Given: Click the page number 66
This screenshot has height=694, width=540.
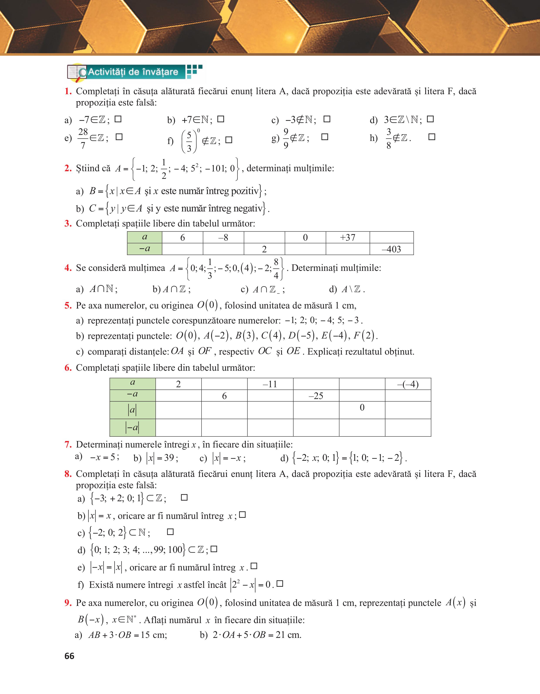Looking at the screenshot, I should (69, 656).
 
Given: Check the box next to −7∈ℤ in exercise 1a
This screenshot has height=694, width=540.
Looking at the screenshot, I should (118, 119).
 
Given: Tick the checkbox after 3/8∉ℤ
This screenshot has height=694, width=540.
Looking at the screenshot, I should (432, 137).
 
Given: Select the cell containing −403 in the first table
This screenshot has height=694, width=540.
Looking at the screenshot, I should (392, 249).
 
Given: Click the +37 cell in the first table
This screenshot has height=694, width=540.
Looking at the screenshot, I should (348, 237).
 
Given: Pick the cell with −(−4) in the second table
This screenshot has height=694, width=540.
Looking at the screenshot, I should (408, 384).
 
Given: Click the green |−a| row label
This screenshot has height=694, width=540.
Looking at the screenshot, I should (133, 428).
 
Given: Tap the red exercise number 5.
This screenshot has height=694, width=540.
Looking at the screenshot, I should (68, 306).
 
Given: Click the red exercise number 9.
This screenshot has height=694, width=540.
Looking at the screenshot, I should (68, 603).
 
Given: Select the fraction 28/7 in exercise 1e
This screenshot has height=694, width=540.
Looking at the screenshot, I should (83, 138).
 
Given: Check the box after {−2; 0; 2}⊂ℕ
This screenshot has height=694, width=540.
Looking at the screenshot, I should (170, 532).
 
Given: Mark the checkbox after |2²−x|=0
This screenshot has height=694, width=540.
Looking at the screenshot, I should (280, 584).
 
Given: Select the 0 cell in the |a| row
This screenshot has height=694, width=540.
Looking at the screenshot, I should (362, 408).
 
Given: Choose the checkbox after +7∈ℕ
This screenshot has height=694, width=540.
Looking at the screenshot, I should (221, 119).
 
